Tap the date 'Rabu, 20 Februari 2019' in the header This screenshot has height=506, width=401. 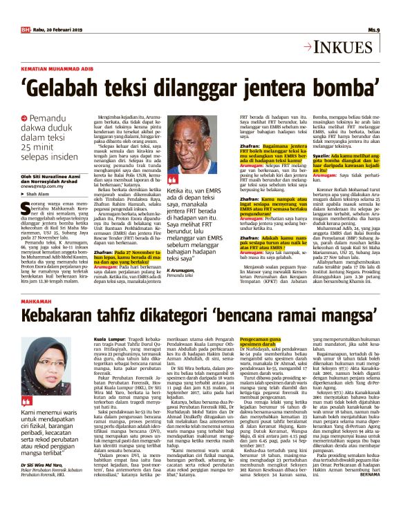[56, 30]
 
